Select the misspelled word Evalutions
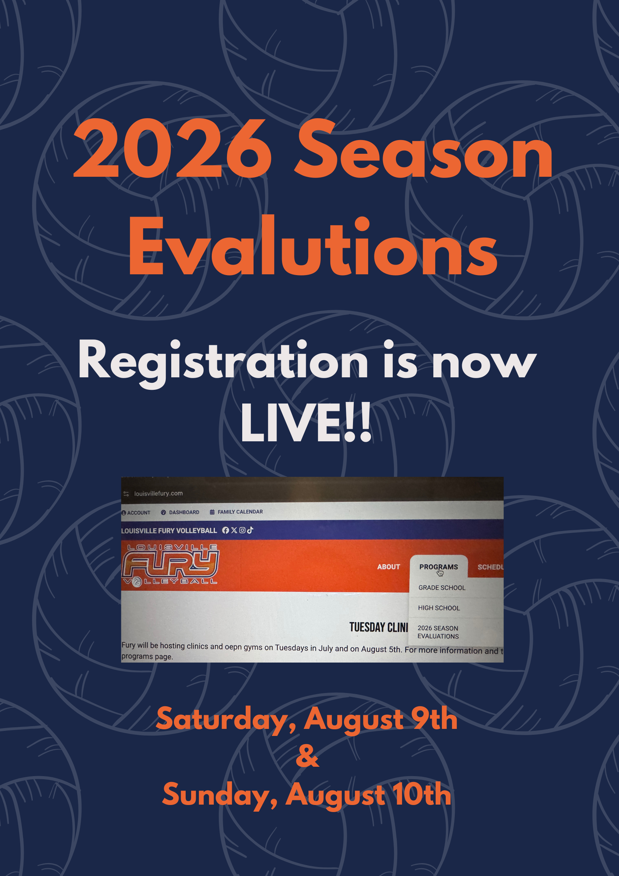coord(313,246)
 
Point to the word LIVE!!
coord(306,423)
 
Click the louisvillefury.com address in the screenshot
coord(158,494)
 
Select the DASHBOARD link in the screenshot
coord(180,512)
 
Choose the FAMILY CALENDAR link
coord(236,512)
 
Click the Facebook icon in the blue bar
coord(225,530)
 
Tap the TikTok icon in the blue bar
coord(250,530)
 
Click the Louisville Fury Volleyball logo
coord(170,565)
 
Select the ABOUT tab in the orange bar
coord(389,567)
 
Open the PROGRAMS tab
coord(439,567)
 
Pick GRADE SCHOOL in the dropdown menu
coord(442,588)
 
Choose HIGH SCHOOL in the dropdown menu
coord(439,608)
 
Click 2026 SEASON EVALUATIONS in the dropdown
coord(438,632)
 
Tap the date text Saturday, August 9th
coord(306,720)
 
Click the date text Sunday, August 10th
coord(306,795)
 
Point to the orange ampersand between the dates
coord(307,757)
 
